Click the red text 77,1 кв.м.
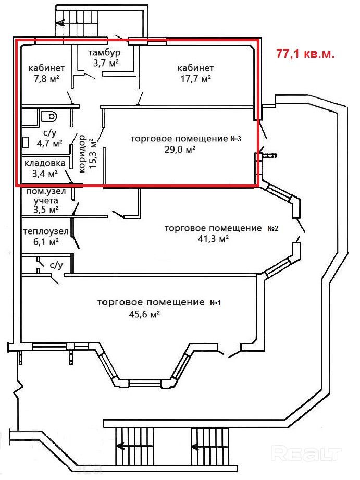[x=305, y=54]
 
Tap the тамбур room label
[x=104, y=53]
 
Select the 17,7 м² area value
[x=195, y=79]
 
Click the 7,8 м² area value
[x=46, y=79]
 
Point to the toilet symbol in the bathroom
[x=49, y=116]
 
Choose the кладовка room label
[x=45, y=163]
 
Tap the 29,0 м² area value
[x=180, y=150]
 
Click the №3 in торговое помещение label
[x=235, y=139]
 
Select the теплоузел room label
[x=46, y=231]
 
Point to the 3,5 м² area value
[x=46, y=210]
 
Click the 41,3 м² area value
[x=214, y=239]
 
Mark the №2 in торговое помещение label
[x=273, y=228]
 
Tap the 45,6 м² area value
[x=145, y=314]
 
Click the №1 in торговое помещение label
[x=215, y=303]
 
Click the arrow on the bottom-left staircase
[x=121, y=446]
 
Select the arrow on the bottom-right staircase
[x=196, y=447]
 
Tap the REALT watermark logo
[x=306, y=453]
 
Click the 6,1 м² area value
[x=46, y=242]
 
